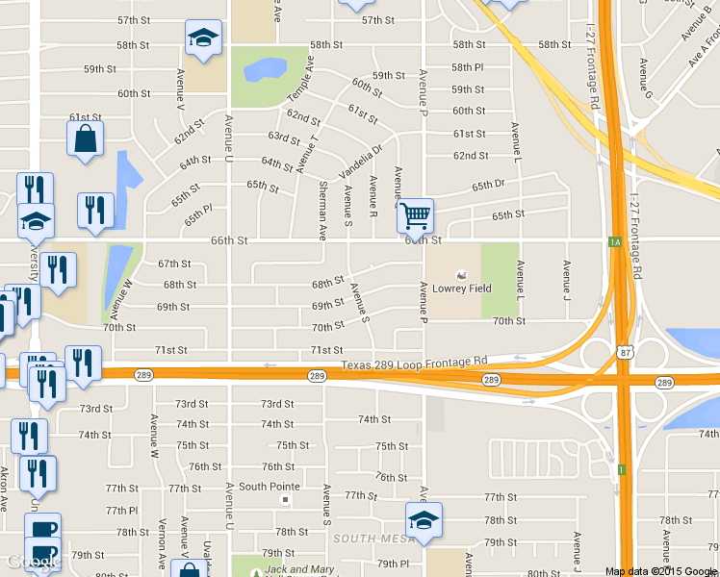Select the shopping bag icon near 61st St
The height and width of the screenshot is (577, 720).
(x=85, y=137)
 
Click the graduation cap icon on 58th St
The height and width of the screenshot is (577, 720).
(x=203, y=38)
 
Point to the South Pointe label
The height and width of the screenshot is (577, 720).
(x=265, y=487)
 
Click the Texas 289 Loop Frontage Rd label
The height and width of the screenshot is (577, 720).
(x=414, y=364)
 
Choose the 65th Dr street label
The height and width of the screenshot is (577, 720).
(x=488, y=185)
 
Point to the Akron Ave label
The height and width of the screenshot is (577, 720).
(x=3, y=491)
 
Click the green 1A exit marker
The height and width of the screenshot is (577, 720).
(x=614, y=242)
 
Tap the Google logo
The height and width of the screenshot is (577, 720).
(x=30, y=562)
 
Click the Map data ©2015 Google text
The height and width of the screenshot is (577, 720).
(x=662, y=571)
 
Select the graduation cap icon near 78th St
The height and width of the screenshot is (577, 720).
(x=423, y=520)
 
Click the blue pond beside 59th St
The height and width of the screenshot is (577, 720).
(x=265, y=69)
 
